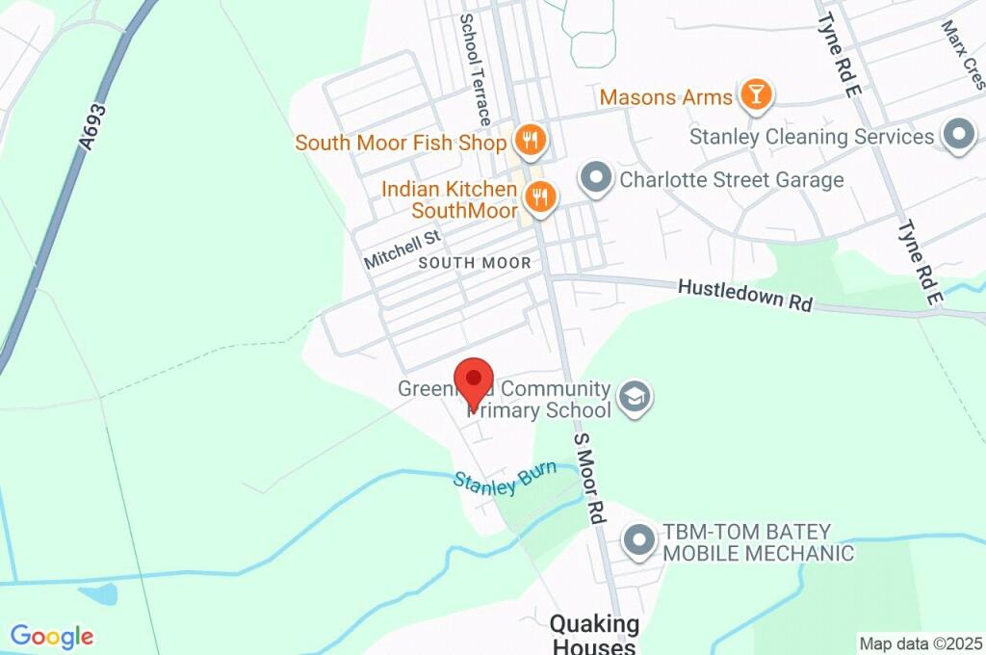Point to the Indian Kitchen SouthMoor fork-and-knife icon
pyautogui.click(x=541, y=196)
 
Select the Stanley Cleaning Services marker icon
pyautogui.click(x=958, y=136)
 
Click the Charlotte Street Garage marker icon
pyautogui.click(x=596, y=178)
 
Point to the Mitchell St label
pyautogui.click(x=402, y=249)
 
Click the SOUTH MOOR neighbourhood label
pyautogui.click(x=475, y=263)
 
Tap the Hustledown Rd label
pyautogui.click(x=745, y=295)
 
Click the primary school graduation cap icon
pyautogui.click(x=635, y=398)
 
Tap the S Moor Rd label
pyautogui.click(x=588, y=479)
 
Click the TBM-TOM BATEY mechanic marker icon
pyautogui.click(x=637, y=541)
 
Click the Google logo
pyautogui.click(x=52, y=637)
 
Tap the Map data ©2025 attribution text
pyautogui.click(x=921, y=643)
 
